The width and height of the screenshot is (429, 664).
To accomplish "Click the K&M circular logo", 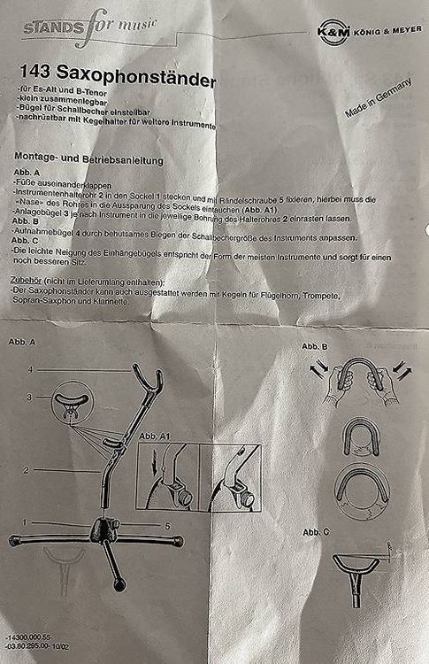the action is (333, 31).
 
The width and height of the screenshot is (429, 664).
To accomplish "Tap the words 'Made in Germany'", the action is (378, 97).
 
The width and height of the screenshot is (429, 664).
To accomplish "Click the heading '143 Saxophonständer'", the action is (118, 75).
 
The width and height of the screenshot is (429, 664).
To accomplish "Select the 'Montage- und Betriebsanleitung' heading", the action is (88, 158).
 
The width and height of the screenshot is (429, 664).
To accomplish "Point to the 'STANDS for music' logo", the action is (89, 27).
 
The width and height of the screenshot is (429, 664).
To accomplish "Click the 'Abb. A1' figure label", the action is (155, 436).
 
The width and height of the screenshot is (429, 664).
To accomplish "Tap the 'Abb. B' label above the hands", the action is (315, 346).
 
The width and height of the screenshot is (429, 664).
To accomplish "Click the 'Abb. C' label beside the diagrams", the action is (316, 532).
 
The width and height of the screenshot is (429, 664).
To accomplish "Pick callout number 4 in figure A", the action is (30, 370).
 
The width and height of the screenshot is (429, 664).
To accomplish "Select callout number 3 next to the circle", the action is (29, 398).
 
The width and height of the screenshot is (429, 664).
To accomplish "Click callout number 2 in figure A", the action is (27, 470).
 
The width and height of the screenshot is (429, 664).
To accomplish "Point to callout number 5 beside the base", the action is (167, 526).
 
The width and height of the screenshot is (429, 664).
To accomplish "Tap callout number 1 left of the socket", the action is (25, 522).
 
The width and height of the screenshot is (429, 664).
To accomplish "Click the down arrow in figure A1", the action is (155, 460).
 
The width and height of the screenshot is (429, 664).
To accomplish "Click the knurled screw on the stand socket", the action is (114, 525).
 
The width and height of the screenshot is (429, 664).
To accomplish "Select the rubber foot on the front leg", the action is (119, 585).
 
